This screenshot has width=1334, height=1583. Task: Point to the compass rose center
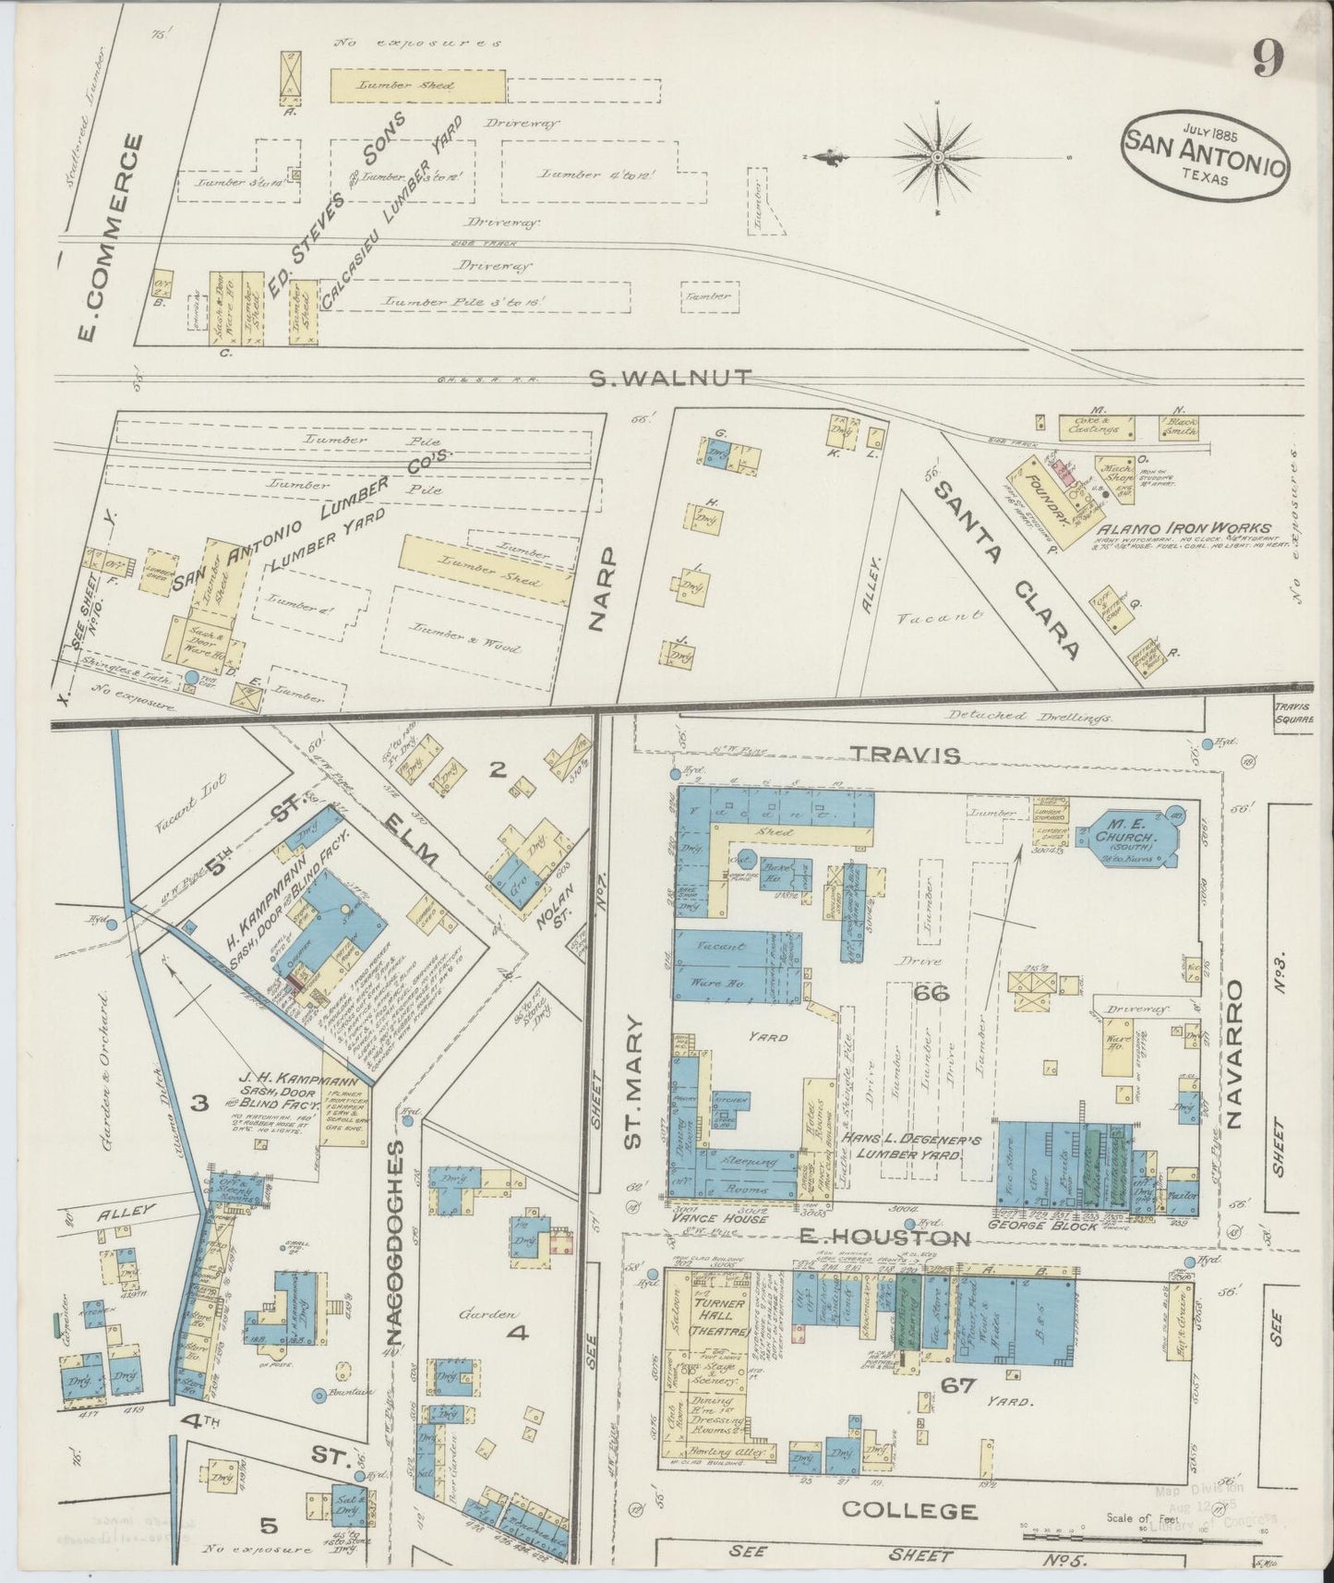[x=938, y=157]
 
